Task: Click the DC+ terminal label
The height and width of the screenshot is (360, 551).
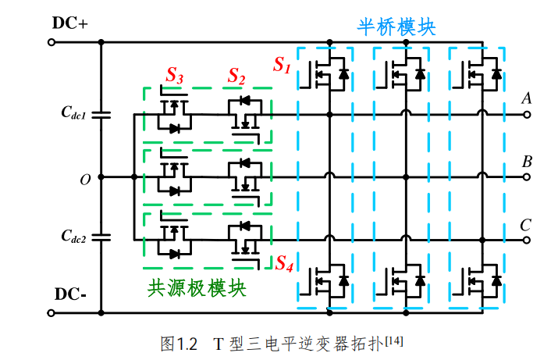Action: (x=70, y=22)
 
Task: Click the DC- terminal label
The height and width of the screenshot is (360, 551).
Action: (x=70, y=294)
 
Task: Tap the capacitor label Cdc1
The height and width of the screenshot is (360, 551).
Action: (x=76, y=113)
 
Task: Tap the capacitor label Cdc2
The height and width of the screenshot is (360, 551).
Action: (x=76, y=235)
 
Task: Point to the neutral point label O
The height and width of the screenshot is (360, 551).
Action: (x=85, y=180)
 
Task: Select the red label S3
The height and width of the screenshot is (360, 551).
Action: (x=174, y=76)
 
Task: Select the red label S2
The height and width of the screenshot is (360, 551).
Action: (x=236, y=76)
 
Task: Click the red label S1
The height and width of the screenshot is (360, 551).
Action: (x=282, y=66)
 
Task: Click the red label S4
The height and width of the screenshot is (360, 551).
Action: (x=284, y=263)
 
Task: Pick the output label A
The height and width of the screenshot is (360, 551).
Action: (x=527, y=99)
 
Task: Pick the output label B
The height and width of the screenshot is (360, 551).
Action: (x=527, y=162)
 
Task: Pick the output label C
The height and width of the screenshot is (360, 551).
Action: (x=527, y=226)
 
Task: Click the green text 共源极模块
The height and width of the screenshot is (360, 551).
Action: (x=197, y=288)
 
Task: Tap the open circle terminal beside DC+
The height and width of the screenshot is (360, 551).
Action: (x=52, y=41)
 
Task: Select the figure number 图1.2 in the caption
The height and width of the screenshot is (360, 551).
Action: (x=179, y=343)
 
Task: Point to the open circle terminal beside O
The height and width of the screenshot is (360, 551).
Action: (x=52, y=177)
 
